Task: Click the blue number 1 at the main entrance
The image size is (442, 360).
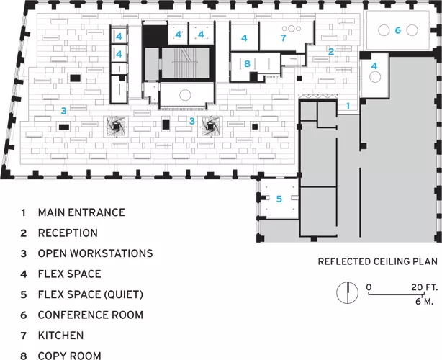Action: (x=348, y=106)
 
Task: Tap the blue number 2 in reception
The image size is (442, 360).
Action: (x=331, y=51)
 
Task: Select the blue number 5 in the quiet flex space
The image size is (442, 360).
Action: (x=279, y=199)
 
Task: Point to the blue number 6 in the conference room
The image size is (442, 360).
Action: (x=398, y=30)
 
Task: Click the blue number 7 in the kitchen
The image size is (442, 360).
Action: (x=284, y=37)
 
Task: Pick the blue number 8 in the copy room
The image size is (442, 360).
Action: (x=247, y=63)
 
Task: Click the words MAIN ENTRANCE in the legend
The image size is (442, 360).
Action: (x=81, y=212)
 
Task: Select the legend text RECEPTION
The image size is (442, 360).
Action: (x=68, y=233)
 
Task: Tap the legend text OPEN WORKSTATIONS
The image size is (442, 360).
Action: (x=95, y=253)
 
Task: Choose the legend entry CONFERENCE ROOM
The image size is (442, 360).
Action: (x=91, y=315)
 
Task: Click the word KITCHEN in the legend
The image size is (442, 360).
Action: (x=61, y=336)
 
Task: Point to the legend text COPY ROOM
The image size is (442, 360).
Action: (x=69, y=356)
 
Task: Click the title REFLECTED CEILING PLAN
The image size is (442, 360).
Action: (x=378, y=261)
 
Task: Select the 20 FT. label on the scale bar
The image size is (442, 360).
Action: (x=425, y=287)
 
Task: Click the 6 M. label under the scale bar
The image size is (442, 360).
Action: (x=425, y=302)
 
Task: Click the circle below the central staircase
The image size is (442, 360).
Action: (x=185, y=95)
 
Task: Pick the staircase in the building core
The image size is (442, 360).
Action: (x=186, y=63)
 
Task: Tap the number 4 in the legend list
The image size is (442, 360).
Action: (x=24, y=274)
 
